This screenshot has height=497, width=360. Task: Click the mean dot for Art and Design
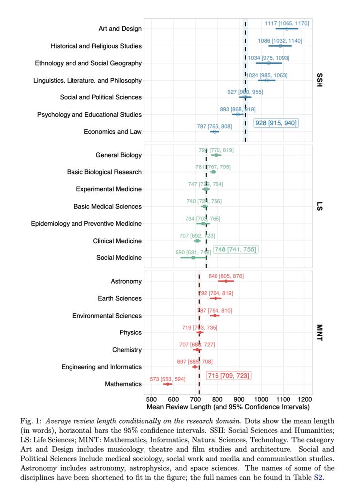(x=287, y=29)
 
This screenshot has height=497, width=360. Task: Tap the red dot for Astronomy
(x=226, y=281)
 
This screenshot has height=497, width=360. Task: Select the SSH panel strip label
(x=320, y=80)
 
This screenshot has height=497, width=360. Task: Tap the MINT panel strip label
(x=320, y=332)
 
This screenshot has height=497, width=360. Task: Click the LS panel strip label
(x=320, y=206)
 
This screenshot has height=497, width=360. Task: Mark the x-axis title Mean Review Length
(x=229, y=407)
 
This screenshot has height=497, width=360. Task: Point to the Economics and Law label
(x=113, y=132)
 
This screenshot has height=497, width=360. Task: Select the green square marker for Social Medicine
(x=193, y=258)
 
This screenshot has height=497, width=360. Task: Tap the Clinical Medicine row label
(x=117, y=241)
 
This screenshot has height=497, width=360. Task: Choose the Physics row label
(x=130, y=333)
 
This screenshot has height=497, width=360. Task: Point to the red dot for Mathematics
(x=167, y=384)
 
